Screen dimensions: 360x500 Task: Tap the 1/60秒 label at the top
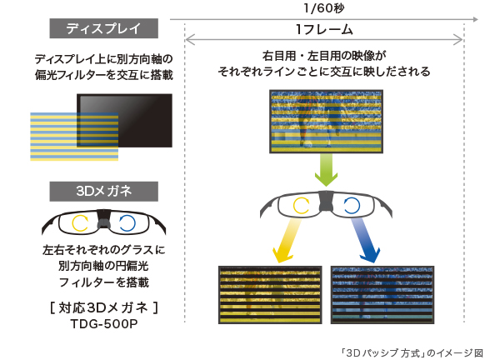pos(324,7)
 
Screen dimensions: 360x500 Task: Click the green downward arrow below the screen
pos(324,172)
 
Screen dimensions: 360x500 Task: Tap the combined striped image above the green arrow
pos(325,122)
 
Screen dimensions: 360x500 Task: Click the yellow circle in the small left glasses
pos(81,222)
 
